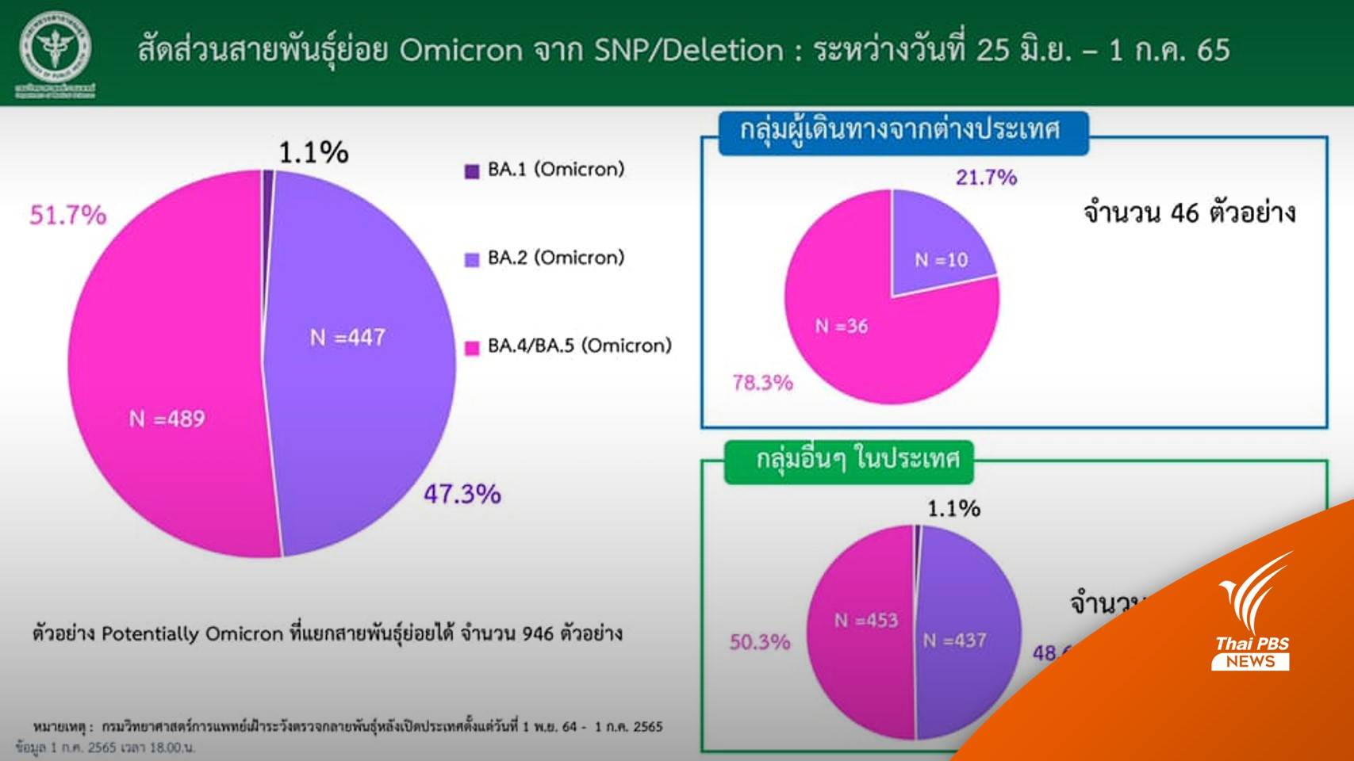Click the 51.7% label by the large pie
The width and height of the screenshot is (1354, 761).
(67, 215)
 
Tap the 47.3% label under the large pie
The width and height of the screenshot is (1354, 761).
(462, 494)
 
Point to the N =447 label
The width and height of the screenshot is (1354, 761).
(347, 338)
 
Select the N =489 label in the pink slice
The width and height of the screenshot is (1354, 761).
(167, 419)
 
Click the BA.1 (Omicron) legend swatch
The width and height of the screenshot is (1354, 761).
(472, 170)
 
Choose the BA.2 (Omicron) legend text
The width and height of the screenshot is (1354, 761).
(556, 258)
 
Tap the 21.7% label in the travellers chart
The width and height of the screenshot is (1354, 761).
(986, 177)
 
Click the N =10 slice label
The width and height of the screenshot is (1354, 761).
(941, 259)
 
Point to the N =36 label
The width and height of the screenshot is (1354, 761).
(841, 326)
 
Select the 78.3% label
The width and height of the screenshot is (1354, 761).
(762, 383)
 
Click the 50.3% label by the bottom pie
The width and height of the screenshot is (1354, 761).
(759, 641)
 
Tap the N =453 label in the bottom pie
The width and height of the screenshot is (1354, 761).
(865, 620)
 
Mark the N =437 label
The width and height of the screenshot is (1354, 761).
(954, 640)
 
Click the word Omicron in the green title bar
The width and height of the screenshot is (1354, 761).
(461, 50)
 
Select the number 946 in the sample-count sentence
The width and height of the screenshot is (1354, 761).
(538, 633)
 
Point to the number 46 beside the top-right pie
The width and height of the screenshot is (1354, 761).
(1184, 212)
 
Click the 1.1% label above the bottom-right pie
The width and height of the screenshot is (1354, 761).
(953, 508)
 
